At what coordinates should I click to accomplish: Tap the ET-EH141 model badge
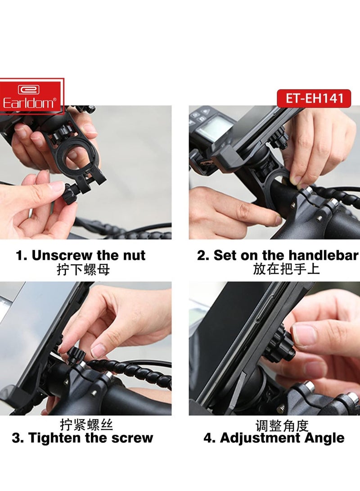[x=314, y=98]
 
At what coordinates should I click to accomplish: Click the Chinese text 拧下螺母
[x=83, y=270]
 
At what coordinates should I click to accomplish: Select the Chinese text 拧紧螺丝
[x=86, y=424]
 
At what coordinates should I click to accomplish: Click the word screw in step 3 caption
[x=133, y=438]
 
